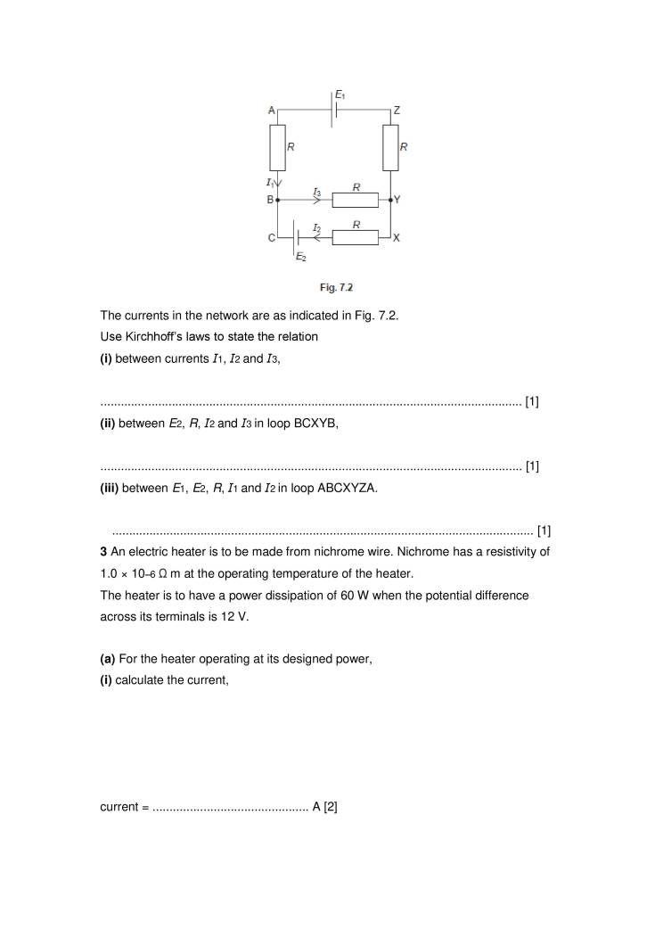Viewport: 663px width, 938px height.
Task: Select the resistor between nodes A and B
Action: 277,147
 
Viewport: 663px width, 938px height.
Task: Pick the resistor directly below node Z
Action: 390,147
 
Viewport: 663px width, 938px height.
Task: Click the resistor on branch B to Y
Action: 356,201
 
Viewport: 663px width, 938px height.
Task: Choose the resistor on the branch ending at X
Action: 356,238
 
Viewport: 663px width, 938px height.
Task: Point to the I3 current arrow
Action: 316,201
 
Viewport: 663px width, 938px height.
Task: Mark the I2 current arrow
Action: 316,238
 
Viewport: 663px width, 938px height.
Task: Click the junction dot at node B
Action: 277,201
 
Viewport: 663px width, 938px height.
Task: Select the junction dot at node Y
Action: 390,201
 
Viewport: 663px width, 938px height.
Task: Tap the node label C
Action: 270,238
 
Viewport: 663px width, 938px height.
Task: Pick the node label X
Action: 397,238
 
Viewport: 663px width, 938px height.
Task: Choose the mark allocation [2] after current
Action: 329,807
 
